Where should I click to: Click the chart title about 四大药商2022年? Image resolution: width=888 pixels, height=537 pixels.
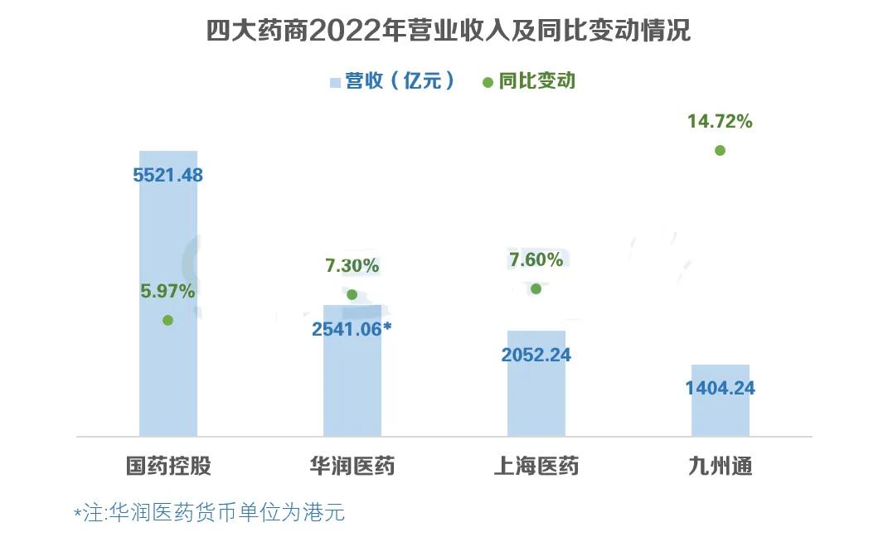click(x=448, y=31)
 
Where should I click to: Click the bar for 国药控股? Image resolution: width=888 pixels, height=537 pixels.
click(x=168, y=249)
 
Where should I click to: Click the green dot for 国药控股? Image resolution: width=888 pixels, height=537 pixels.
click(x=168, y=320)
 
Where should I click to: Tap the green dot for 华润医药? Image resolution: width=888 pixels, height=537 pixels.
click(x=352, y=294)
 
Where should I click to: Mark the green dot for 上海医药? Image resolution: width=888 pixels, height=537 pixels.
click(x=536, y=288)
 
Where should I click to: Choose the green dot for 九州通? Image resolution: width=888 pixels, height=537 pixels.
click(x=720, y=150)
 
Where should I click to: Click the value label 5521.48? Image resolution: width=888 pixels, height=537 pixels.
click(x=168, y=176)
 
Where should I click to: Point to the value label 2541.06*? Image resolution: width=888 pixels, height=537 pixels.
click(x=352, y=329)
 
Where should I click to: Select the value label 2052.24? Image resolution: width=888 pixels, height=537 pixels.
click(x=536, y=356)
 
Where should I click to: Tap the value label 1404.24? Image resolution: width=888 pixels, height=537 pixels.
click(x=720, y=389)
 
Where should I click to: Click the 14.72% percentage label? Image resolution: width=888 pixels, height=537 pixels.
click(x=720, y=123)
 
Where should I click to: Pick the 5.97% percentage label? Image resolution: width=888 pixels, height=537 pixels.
click(x=168, y=291)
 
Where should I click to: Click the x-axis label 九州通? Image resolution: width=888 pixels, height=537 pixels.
click(x=720, y=467)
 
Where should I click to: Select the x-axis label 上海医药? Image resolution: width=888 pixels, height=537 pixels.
click(x=536, y=467)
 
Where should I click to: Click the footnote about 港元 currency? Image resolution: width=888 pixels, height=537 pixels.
click(x=209, y=513)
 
